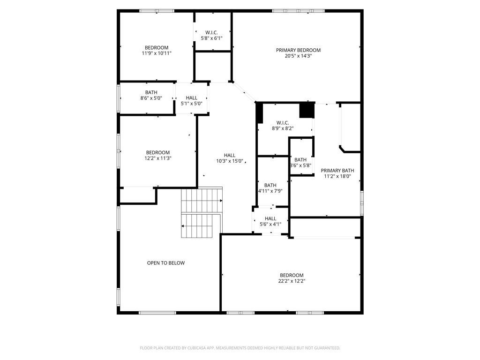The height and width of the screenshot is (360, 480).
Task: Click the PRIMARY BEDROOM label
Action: click(298, 50)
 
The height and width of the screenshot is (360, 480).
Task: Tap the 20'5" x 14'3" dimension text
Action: click(298, 56)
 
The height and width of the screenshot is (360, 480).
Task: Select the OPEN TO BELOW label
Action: click(166, 263)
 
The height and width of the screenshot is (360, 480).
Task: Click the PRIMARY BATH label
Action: click(337, 171)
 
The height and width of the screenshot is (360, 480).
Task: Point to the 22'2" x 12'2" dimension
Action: click(292, 281)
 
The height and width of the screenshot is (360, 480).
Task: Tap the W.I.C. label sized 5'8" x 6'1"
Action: click(211, 32)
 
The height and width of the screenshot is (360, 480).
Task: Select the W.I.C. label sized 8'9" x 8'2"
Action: click(283, 122)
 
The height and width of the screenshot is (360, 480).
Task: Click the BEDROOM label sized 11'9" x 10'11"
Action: click(157, 47)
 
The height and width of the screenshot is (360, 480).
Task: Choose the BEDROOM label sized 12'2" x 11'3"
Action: click(157, 152)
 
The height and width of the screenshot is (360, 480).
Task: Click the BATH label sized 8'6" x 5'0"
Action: click(151, 92)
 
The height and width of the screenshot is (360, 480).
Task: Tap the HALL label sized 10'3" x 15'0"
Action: click(230, 155)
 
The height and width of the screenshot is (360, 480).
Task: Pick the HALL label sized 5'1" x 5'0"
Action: click(192, 98)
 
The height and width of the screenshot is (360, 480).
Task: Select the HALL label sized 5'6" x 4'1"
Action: click(270, 218)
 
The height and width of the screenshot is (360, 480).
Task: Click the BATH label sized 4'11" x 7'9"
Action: click(270, 185)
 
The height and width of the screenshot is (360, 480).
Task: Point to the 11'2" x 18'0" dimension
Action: click(337, 176)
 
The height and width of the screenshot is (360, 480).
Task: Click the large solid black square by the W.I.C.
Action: click(307, 111)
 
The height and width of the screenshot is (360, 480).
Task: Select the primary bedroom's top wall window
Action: click(298, 11)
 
